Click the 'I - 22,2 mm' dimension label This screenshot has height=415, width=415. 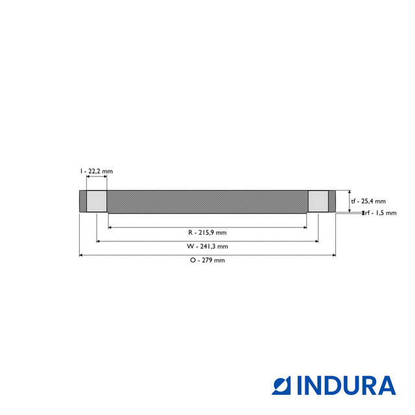[97, 171]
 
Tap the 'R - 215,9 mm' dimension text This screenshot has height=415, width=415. [207, 232]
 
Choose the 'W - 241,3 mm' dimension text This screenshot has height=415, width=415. [207, 246]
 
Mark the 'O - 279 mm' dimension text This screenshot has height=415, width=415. [207, 260]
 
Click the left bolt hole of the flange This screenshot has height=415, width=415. [97, 201]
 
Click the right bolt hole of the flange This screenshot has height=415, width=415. [318, 201]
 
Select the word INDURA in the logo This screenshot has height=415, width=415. [346, 385]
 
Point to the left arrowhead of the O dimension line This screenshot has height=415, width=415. [81, 255]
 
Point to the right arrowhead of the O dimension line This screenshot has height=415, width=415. [334, 255]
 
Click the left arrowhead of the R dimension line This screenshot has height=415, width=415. [110, 228]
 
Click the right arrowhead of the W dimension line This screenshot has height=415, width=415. [316, 241]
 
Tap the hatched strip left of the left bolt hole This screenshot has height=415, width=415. [82, 201]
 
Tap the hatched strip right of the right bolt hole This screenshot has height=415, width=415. [332, 201]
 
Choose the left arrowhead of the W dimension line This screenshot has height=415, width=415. [99, 241]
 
